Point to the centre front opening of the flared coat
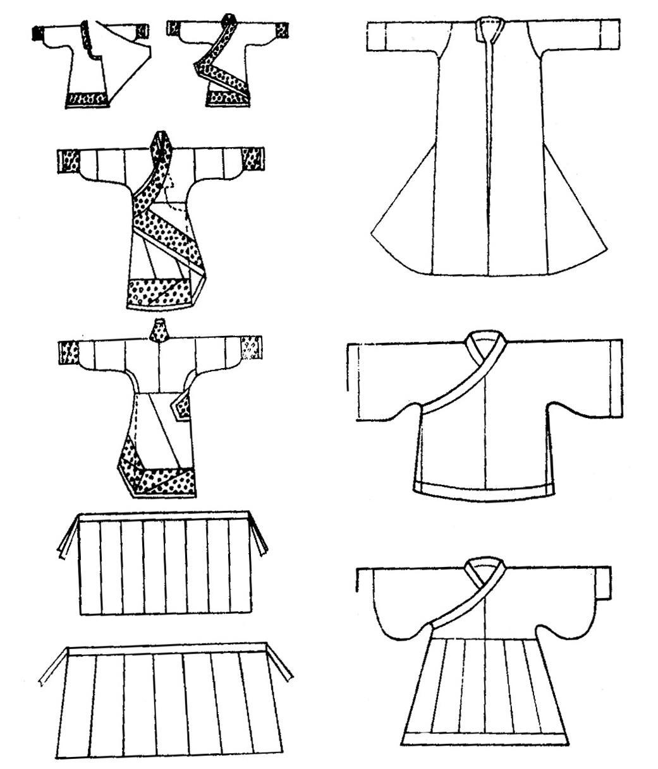point(487,158)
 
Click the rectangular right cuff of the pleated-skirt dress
point(603,585)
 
